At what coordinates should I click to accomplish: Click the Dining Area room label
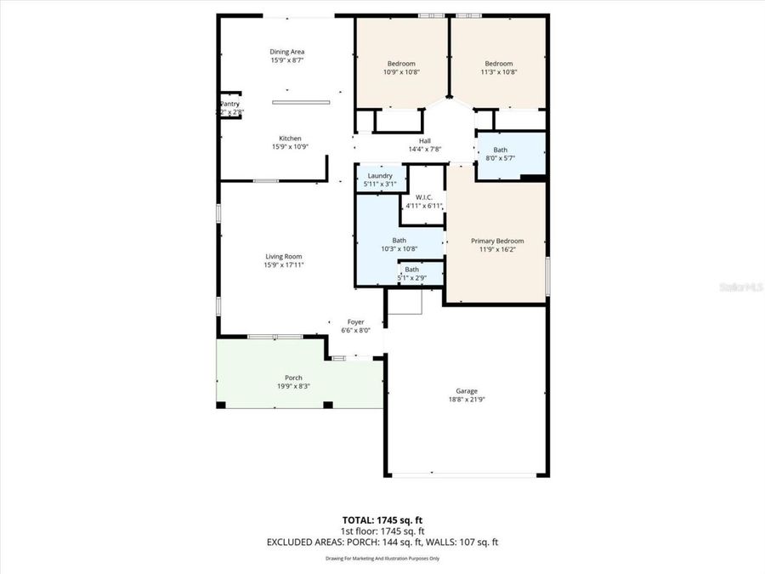(287, 52)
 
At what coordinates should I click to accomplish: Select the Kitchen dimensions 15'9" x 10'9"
(290, 146)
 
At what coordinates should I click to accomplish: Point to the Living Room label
(283, 256)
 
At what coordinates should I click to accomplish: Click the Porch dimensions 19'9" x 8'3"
(292, 386)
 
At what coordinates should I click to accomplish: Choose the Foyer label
(355, 321)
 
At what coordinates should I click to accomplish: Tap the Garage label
(466, 391)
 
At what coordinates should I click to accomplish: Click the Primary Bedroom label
(497, 241)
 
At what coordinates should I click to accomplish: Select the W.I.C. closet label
(424, 197)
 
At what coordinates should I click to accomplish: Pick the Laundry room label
(380, 175)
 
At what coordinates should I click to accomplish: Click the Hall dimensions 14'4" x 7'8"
(425, 150)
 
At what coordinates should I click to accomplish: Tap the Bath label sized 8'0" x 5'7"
(500, 149)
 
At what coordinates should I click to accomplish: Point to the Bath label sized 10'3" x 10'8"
(399, 240)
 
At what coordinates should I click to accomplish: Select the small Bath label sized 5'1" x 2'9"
(411, 270)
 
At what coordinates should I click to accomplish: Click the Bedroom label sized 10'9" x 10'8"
(401, 64)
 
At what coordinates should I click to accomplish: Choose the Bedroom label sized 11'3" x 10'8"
(499, 64)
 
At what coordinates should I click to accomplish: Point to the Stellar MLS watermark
(742, 287)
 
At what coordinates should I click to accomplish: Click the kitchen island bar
(301, 102)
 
